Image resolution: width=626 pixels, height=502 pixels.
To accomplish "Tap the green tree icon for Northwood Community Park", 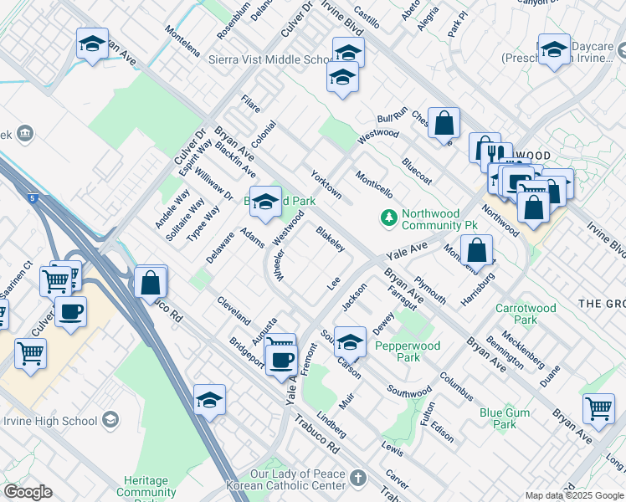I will [x=388, y=218].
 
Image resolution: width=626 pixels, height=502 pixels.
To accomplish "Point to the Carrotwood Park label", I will [x=526, y=314].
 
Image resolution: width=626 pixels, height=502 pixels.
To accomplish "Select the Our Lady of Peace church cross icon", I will [x=358, y=479].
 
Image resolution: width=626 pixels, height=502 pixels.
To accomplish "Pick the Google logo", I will [x=28, y=492].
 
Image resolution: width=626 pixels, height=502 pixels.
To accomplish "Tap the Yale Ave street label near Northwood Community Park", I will [x=407, y=249].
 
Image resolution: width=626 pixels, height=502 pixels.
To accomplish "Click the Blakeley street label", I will [x=331, y=238].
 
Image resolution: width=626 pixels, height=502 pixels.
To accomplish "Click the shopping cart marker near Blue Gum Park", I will [x=599, y=407].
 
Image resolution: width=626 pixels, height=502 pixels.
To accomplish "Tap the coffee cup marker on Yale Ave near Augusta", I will [x=281, y=361].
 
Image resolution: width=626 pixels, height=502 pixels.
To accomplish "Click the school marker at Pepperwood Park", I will [x=350, y=341].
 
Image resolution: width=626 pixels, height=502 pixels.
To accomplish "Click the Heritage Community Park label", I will [x=146, y=487].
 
